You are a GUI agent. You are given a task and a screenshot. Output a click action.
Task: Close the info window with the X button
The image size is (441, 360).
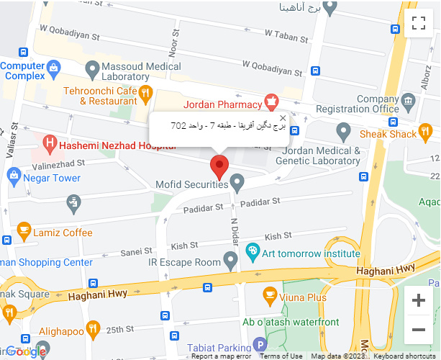[283, 118]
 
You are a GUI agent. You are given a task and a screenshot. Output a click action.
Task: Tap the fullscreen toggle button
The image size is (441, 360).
[419, 23]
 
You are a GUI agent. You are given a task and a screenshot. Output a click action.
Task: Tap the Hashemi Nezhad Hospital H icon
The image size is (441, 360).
[50, 144]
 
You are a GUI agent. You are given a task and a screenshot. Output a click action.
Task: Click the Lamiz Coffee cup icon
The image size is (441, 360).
[24, 232]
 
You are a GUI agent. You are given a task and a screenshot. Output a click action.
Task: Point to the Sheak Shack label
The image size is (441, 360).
[388, 134]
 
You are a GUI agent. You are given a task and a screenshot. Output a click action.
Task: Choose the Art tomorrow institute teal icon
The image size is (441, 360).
[252, 252]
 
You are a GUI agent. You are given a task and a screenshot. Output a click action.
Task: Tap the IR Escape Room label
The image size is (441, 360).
[183, 262]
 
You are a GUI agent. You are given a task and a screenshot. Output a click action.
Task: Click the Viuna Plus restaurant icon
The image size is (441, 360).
[270, 294]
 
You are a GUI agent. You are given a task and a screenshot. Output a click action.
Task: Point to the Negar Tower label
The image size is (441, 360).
[52, 177]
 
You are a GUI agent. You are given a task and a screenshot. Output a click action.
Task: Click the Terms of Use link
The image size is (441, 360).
[281, 356]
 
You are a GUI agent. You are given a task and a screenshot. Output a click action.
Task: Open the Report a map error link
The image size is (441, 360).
[222, 356]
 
